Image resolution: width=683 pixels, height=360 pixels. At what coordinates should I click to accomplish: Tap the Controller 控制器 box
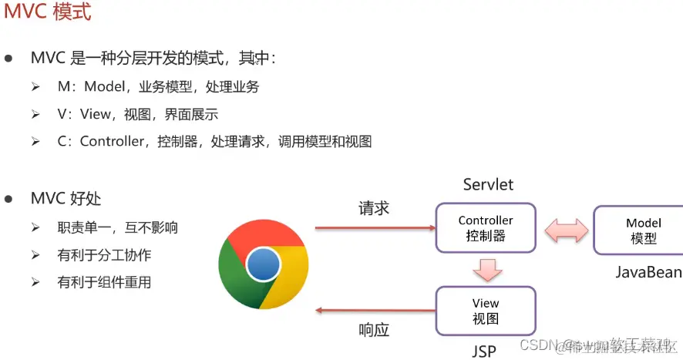pyautogui.click(x=486, y=228)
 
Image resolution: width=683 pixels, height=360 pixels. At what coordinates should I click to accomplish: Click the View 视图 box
pyautogui.click(x=486, y=311)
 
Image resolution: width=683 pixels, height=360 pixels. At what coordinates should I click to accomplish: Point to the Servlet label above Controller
pyautogui.click(x=488, y=185)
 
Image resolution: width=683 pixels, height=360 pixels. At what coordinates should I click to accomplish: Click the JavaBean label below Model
pyautogui.click(x=648, y=272)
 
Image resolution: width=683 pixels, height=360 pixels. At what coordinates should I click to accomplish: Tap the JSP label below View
pyautogui.click(x=483, y=352)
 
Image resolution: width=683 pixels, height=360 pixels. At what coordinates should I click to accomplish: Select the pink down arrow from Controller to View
pyautogui.click(x=486, y=269)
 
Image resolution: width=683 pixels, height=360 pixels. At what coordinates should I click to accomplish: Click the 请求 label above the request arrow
pyautogui.click(x=374, y=208)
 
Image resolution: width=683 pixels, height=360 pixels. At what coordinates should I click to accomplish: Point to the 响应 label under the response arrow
pyautogui.click(x=374, y=331)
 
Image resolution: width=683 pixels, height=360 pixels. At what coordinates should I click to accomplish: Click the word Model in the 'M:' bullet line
pyautogui.click(x=104, y=87)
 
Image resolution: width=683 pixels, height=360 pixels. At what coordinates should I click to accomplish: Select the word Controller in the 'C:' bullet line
pyautogui.click(x=113, y=142)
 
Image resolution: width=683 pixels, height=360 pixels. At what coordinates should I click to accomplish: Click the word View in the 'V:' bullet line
pyautogui.click(x=96, y=115)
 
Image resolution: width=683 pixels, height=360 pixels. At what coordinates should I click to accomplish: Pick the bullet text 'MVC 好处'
pyautogui.click(x=66, y=200)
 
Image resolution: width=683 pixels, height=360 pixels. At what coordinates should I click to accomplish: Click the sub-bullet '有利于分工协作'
pyautogui.click(x=104, y=255)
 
